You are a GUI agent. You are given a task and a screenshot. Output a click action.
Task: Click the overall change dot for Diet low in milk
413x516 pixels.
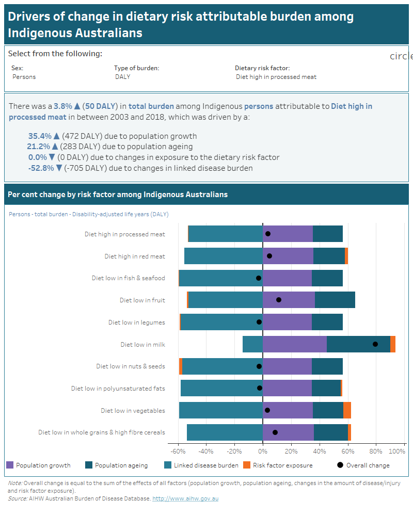375,344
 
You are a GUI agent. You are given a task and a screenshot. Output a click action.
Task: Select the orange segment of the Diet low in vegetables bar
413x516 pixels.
347,410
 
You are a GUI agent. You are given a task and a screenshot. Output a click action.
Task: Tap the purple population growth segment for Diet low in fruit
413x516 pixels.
289,300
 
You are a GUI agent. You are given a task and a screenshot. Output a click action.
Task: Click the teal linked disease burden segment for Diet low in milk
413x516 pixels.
252,344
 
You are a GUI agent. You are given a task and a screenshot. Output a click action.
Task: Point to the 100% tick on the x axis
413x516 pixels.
397,451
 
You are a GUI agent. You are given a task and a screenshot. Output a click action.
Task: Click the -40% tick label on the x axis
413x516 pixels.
206,451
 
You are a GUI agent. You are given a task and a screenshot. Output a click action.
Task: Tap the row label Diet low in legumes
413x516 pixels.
136,322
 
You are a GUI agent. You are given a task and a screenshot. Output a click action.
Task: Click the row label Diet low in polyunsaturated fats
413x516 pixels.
118,389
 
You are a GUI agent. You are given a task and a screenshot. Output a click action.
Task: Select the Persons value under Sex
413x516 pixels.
24,77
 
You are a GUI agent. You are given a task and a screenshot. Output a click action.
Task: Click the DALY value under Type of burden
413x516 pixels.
122,77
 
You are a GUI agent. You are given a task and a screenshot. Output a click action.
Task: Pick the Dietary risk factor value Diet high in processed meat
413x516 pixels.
276,77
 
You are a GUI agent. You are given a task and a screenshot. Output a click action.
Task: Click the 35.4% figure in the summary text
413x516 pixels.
40,136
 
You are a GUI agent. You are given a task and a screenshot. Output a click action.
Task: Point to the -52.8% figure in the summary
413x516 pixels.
41,168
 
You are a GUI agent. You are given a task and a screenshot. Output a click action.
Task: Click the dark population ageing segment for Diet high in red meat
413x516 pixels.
329,256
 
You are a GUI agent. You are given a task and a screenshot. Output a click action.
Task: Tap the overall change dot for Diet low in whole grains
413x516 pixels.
275,432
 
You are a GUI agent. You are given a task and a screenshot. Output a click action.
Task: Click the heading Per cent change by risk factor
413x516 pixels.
118,195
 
